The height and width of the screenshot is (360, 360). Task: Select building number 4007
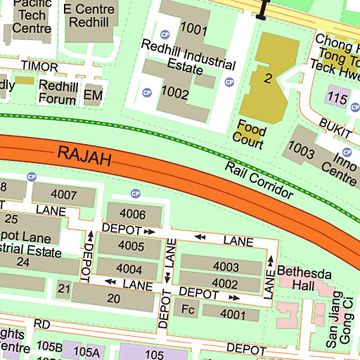point(63,194)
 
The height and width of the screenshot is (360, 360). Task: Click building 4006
point(133,214)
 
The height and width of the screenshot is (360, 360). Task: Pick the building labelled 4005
point(130,246)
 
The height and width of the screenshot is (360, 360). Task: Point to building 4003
point(225,266)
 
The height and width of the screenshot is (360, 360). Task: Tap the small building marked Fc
point(187,309)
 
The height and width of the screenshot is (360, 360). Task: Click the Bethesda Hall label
point(299,278)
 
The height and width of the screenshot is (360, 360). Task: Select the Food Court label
point(250,135)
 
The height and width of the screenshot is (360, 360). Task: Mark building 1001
point(193,29)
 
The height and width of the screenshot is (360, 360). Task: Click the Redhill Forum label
point(58,92)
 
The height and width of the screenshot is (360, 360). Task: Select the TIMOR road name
point(39,65)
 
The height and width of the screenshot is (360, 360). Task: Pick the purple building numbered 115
point(337,98)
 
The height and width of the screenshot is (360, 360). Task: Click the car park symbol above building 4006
point(136,193)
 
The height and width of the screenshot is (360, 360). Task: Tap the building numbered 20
point(113,298)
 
